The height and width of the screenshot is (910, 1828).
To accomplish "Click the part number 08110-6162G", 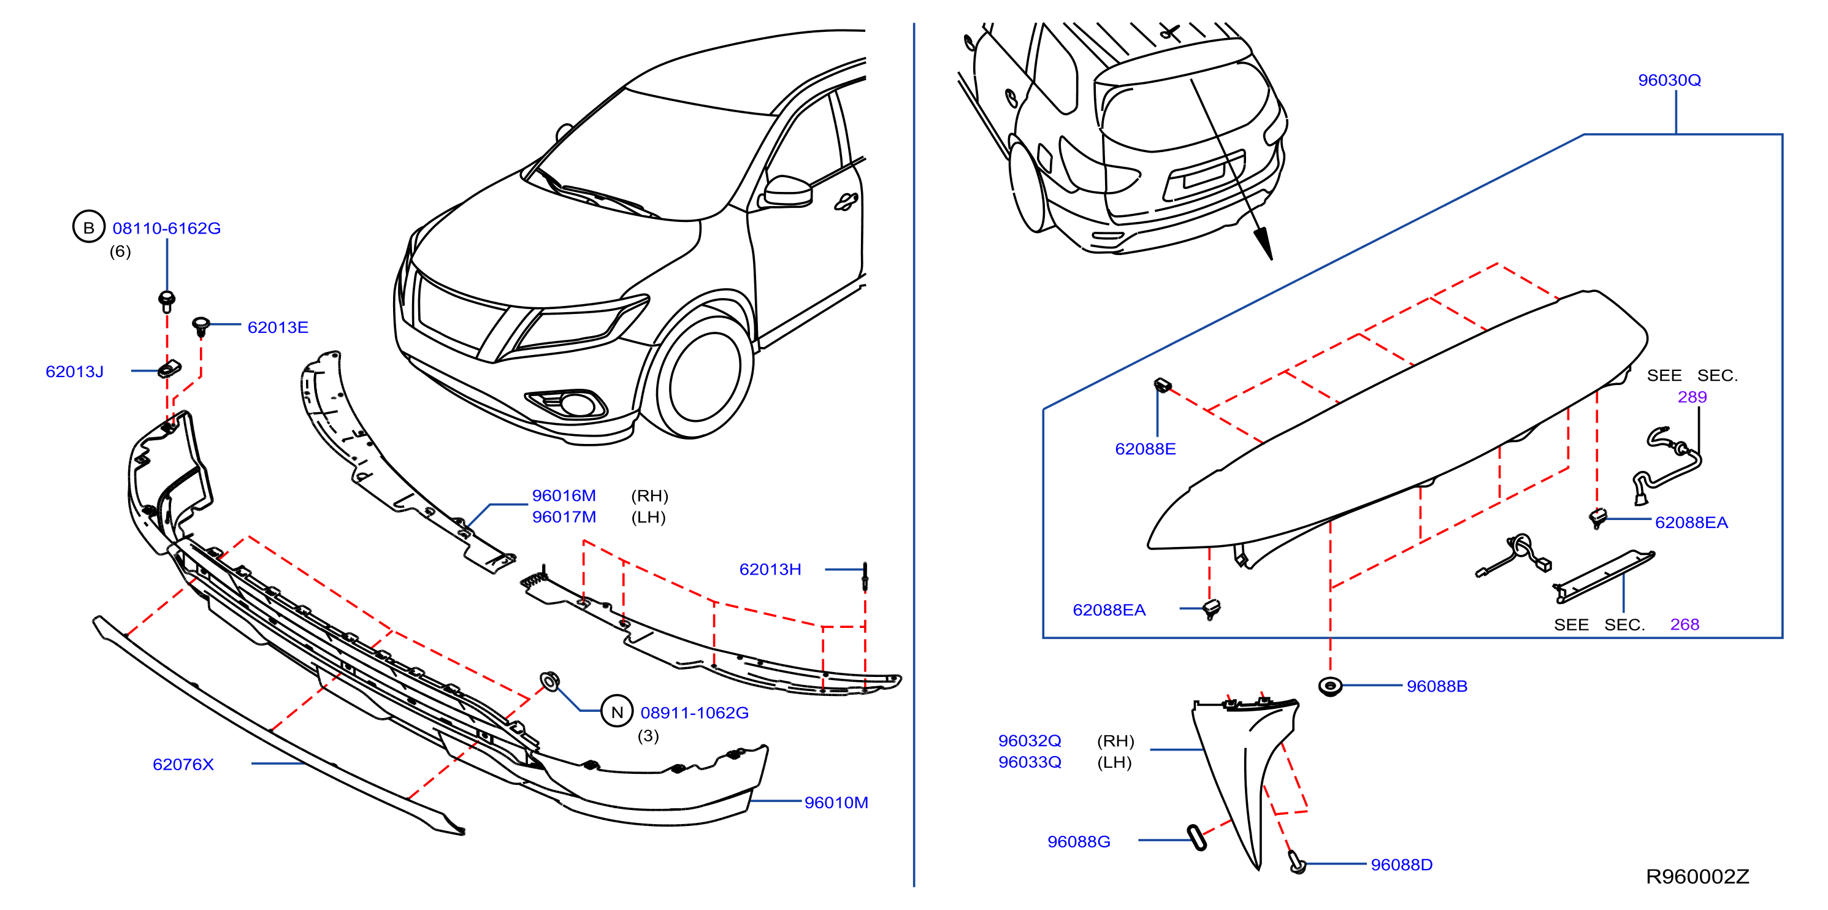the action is (167, 228).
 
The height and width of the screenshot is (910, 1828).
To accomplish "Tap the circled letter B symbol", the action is (89, 227).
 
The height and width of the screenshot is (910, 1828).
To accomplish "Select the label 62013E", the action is (277, 327).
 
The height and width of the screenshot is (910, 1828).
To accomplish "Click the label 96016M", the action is (564, 495).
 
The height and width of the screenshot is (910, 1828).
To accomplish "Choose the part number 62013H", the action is (770, 569).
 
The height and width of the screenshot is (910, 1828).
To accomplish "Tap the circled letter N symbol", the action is (617, 712).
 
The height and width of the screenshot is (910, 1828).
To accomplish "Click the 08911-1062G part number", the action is (695, 713).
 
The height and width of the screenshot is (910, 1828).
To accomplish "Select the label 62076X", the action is (183, 765).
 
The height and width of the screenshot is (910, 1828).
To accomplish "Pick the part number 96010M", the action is (836, 803).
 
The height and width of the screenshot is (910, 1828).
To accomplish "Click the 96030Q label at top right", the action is (1669, 80).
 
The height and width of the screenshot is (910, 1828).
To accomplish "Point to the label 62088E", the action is (1145, 449).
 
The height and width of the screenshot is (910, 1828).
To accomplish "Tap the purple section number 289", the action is (1692, 397).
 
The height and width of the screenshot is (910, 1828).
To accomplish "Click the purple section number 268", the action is (1685, 625).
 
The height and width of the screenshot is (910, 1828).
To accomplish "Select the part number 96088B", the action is (1437, 686).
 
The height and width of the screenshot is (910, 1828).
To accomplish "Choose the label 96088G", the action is (1079, 842).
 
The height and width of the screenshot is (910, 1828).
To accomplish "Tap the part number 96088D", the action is (1402, 865).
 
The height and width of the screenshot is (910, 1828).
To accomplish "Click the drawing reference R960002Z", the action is (1697, 877).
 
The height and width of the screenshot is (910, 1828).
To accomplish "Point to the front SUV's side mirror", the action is (786, 192).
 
